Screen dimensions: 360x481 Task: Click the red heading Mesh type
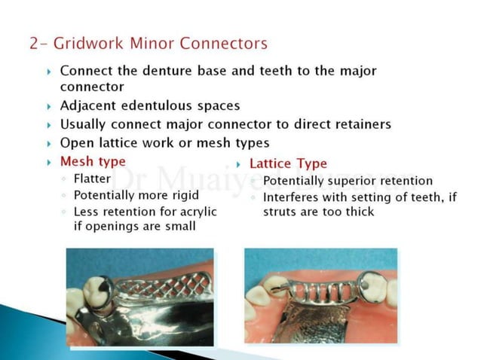tap(93, 162)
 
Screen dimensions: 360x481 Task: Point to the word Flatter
tap(93, 178)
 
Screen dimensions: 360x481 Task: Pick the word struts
tap(280, 212)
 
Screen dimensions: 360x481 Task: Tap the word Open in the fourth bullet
tap(75, 142)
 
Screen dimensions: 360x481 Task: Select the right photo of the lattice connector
tap(320, 296)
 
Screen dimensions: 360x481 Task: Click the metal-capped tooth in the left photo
tap(100, 289)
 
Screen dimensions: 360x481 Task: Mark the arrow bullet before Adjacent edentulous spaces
tap(49, 107)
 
